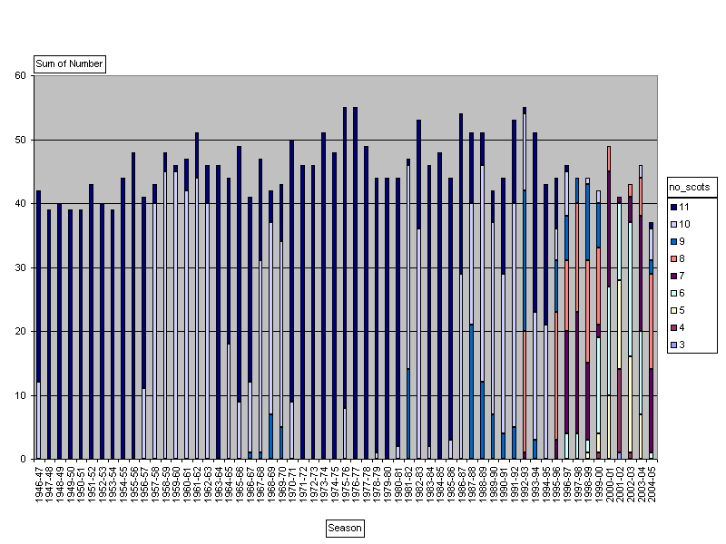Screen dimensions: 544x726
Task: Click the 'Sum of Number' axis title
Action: point(69,64)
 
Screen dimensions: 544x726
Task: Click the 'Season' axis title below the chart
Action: point(345,528)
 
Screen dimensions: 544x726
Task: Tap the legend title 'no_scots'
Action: point(690,188)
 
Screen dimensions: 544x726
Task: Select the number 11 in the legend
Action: point(683,207)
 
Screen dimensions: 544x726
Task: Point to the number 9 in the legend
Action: point(682,241)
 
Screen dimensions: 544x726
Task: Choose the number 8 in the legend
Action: point(682,258)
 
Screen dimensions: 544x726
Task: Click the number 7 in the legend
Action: point(682,276)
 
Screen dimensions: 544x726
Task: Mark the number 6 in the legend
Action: point(682,293)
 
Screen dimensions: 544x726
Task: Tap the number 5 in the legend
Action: point(682,310)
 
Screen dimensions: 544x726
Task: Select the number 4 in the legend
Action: point(682,327)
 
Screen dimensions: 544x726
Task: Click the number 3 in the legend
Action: point(682,345)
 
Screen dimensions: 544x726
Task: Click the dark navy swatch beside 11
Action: point(673,207)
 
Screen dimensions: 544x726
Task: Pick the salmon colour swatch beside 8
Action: point(673,258)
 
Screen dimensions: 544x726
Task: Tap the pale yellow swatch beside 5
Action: point(673,310)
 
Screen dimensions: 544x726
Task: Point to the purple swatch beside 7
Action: point(673,276)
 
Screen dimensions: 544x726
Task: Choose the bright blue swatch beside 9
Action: point(673,241)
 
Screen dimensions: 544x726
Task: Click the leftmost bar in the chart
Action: point(38,326)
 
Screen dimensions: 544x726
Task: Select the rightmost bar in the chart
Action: point(651,345)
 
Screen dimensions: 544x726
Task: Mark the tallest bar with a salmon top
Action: point(609,299)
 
